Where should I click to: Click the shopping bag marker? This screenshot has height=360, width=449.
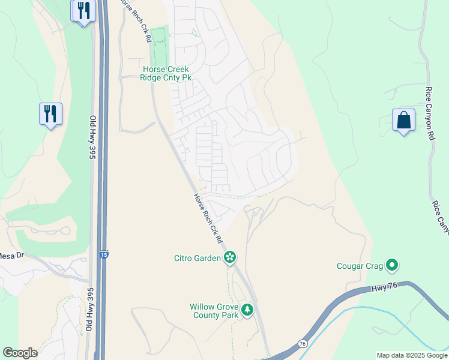[x=403, y=119]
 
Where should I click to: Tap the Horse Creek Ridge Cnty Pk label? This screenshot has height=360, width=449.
[x=165, y=73]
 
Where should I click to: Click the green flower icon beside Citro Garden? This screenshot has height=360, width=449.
[x=229, y=258]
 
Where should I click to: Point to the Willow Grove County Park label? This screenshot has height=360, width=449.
[x=214, y=310]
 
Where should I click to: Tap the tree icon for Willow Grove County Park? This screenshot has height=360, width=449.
[x=247, y=310]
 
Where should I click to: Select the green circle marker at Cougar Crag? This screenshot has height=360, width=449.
[x=393, y=264]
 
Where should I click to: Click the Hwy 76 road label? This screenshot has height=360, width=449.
[x=393, y=289]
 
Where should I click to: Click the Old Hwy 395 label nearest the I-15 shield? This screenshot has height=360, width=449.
[x=92, y=138]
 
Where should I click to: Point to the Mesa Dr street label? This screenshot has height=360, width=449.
[x=11, y=256]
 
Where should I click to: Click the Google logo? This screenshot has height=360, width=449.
[x=20, y=353]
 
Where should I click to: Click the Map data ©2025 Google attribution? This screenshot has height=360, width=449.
[x=411, y=355]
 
